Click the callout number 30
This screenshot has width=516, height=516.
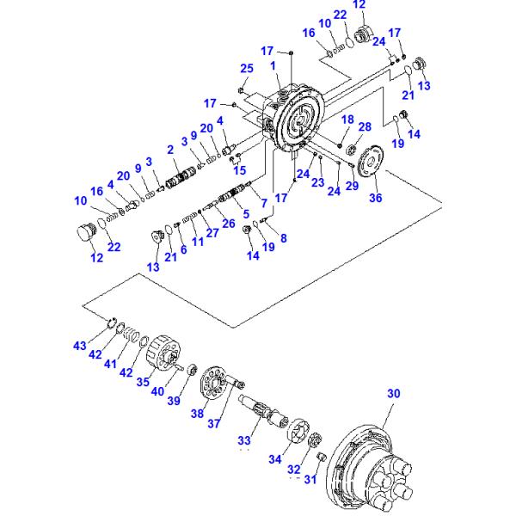(393, 394)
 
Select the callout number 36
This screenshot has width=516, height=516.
(375, 198)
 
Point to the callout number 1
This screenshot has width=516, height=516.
(273, 64)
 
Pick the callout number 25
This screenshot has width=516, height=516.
(246, 69)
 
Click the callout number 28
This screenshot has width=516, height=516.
(365, 127)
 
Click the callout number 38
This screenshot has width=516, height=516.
(197, 413)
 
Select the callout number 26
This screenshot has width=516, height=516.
(228, 224)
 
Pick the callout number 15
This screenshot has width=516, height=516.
(240, 169)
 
